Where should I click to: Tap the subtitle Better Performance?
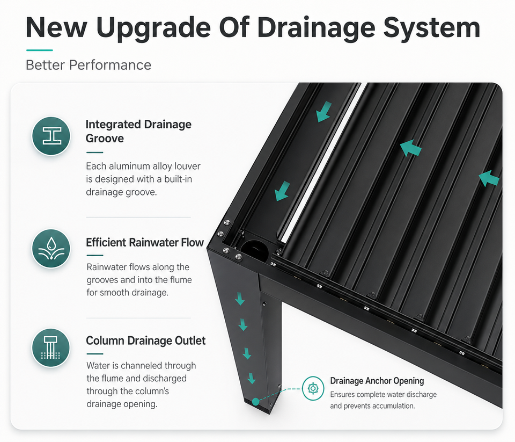pos(89,65)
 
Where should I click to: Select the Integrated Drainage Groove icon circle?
pos(51,136)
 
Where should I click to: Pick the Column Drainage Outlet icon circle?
pos(51,348)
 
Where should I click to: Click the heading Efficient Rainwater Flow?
pos(145,242)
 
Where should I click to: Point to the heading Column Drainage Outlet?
pos(146,340)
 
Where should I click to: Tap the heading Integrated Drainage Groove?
pos(138,131)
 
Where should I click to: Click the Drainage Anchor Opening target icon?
pos(313,388)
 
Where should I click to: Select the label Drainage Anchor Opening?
pos(377,381)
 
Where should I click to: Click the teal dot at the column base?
pos(255,402)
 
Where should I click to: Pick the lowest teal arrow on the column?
pos(251,378)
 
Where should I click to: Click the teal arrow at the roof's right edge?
pos(489,178)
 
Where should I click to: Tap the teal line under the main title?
pos(39,50)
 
